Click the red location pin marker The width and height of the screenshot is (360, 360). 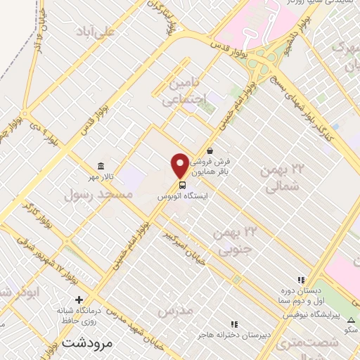point(180,165)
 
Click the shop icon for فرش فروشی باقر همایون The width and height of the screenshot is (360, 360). point(210,150)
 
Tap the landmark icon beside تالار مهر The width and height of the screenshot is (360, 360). point(101,166)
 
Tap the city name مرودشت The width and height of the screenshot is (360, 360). point(86,343)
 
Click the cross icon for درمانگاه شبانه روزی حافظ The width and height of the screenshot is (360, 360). point(79,300)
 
